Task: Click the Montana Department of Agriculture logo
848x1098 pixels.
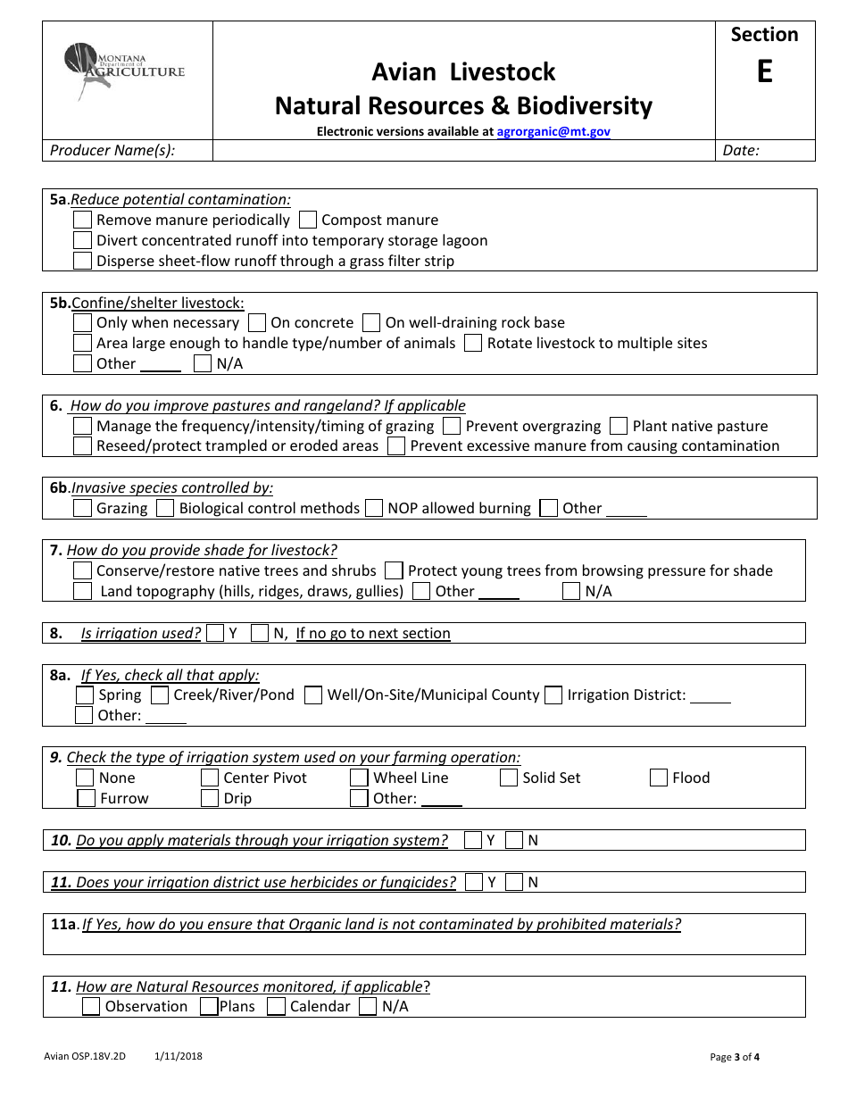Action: point(124,71)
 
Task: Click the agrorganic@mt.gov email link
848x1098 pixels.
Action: point(553,131)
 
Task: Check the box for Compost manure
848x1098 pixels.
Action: point(308,220)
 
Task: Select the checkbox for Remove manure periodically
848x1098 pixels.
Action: point(82,220)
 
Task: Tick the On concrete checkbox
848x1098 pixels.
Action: point(257,322)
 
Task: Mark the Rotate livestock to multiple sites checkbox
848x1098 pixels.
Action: point(473,343)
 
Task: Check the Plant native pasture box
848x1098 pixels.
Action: point(619,426)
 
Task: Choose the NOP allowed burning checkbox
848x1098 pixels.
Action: point(374,508)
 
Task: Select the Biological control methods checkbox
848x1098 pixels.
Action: point(165,508)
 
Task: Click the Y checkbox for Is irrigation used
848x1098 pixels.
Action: point(215,633)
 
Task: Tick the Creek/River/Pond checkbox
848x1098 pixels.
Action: point(160,695)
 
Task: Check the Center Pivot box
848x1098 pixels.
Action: point(210,778)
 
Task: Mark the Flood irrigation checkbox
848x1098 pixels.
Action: point(659,778)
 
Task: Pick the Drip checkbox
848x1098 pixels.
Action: point(210,798)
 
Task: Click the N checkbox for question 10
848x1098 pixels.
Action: point(514,840)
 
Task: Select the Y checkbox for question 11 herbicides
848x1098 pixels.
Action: point(474,882)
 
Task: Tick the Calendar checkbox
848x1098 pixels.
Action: point(276,1006)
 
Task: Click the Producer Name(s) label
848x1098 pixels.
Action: point(112,150)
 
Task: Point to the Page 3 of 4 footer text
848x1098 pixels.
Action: point(735,1058)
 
